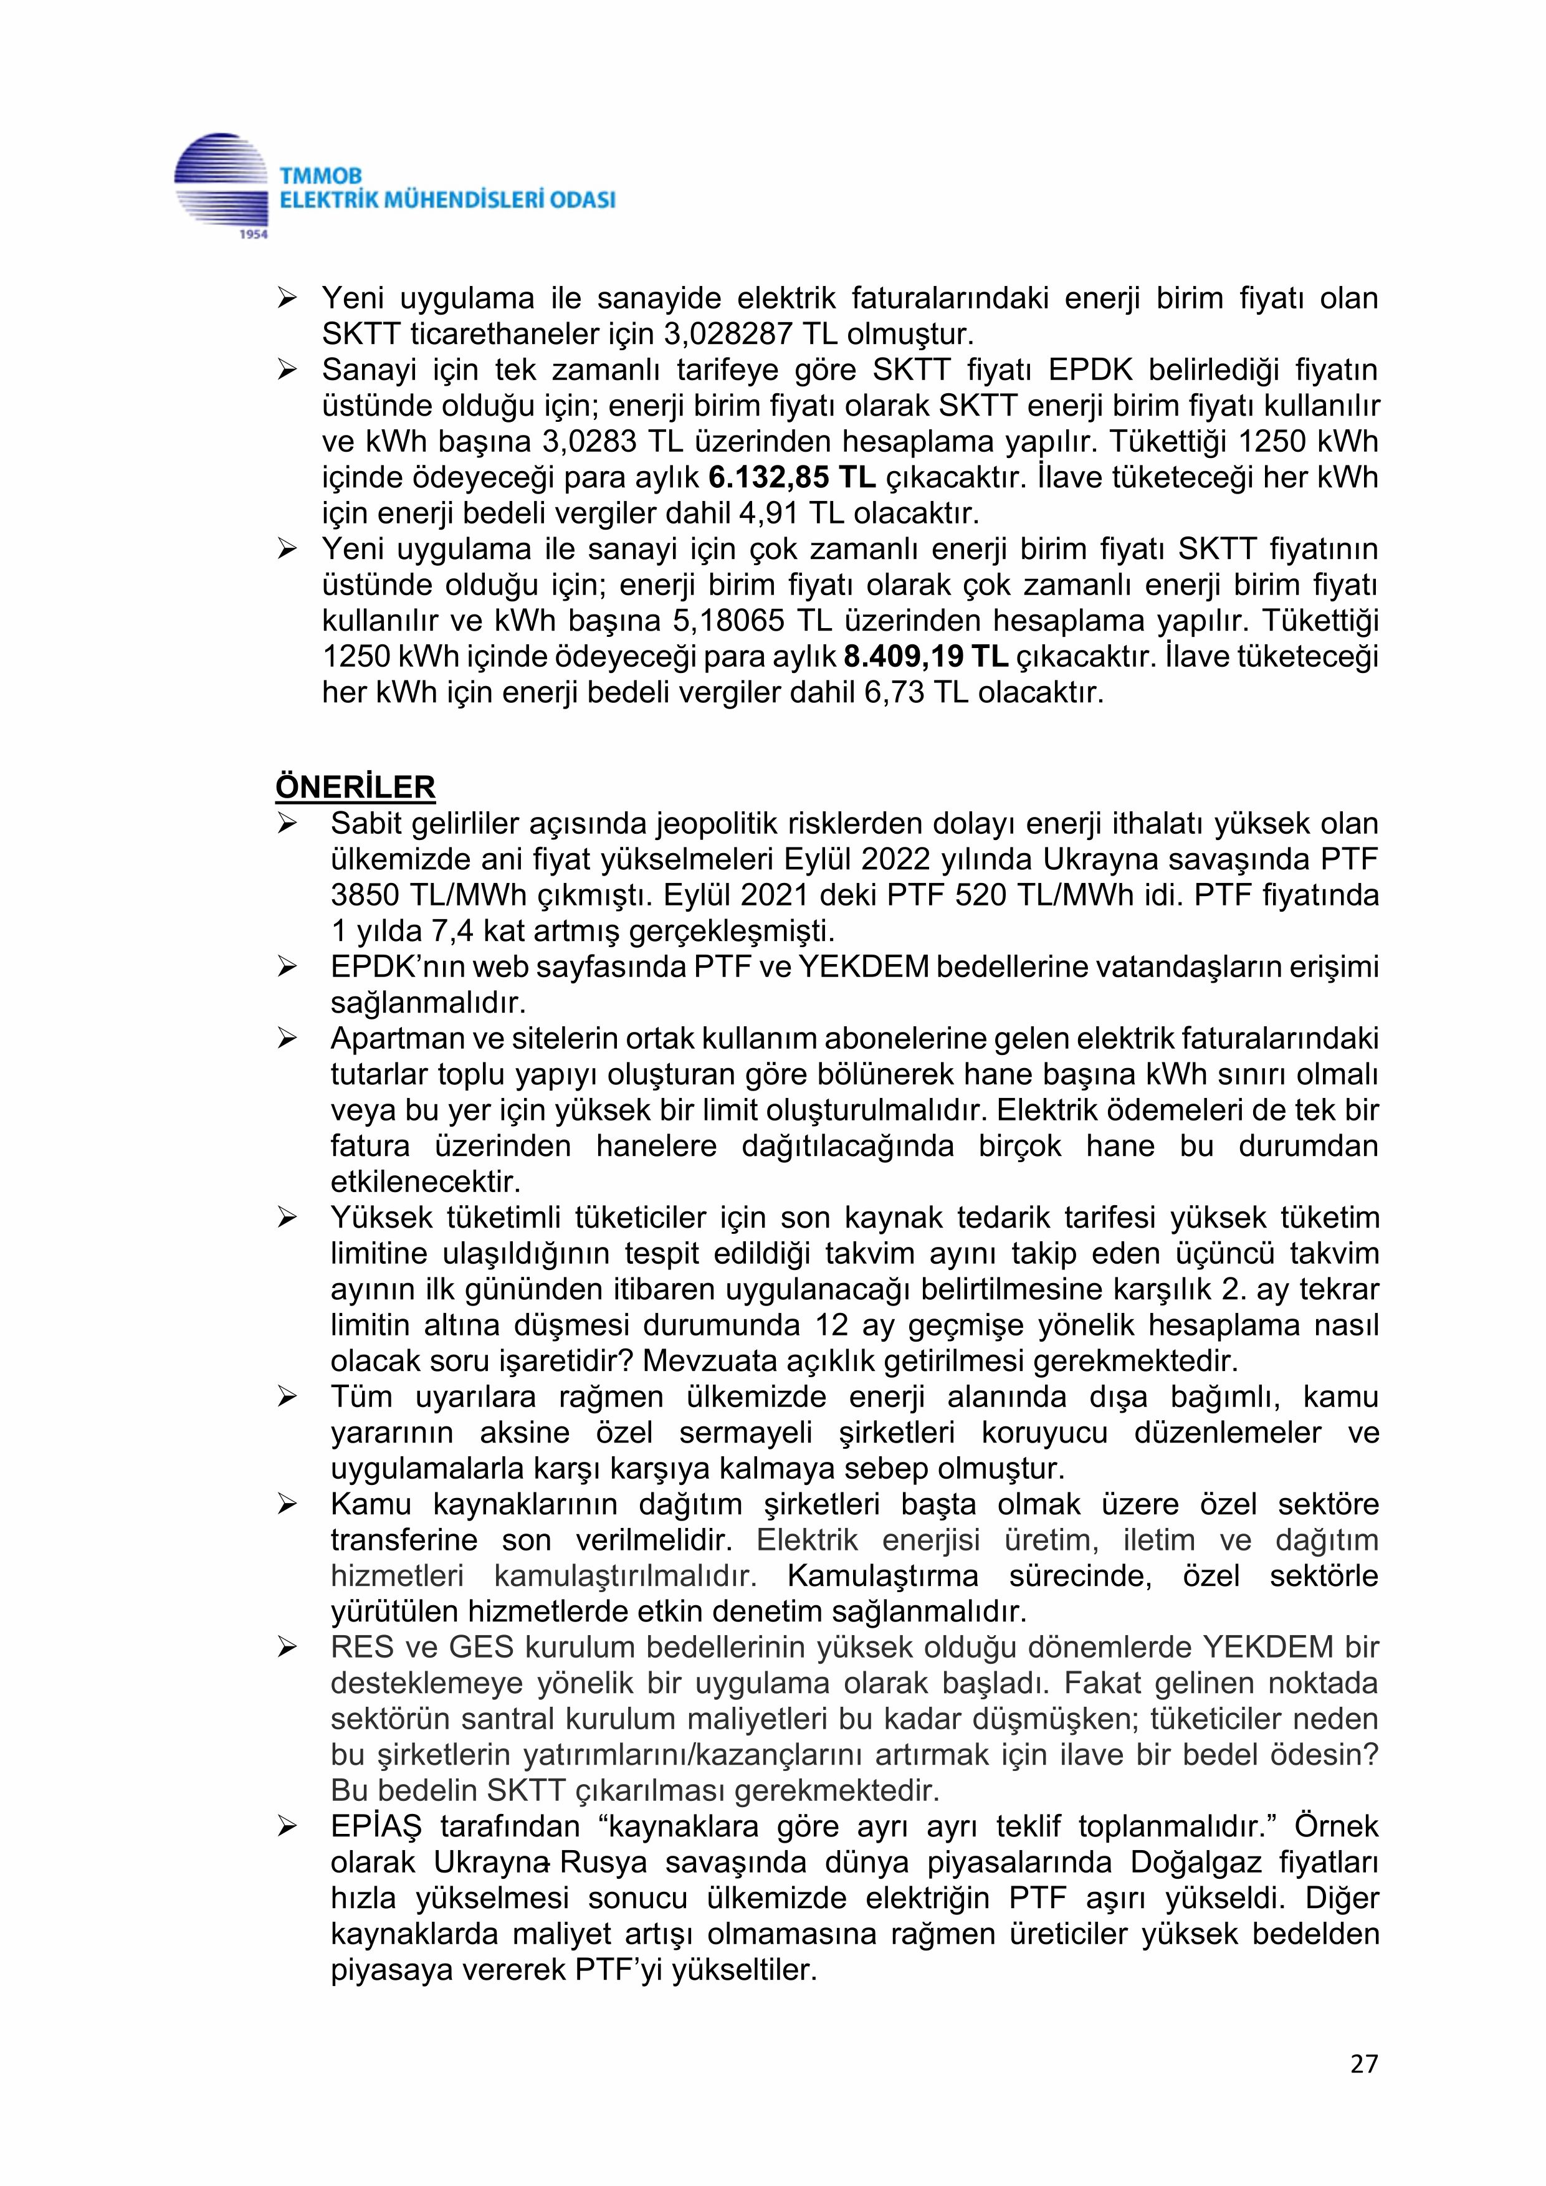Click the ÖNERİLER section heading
[355, 788]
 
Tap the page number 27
[1364, 2063]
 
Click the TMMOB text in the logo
[322, 177]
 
